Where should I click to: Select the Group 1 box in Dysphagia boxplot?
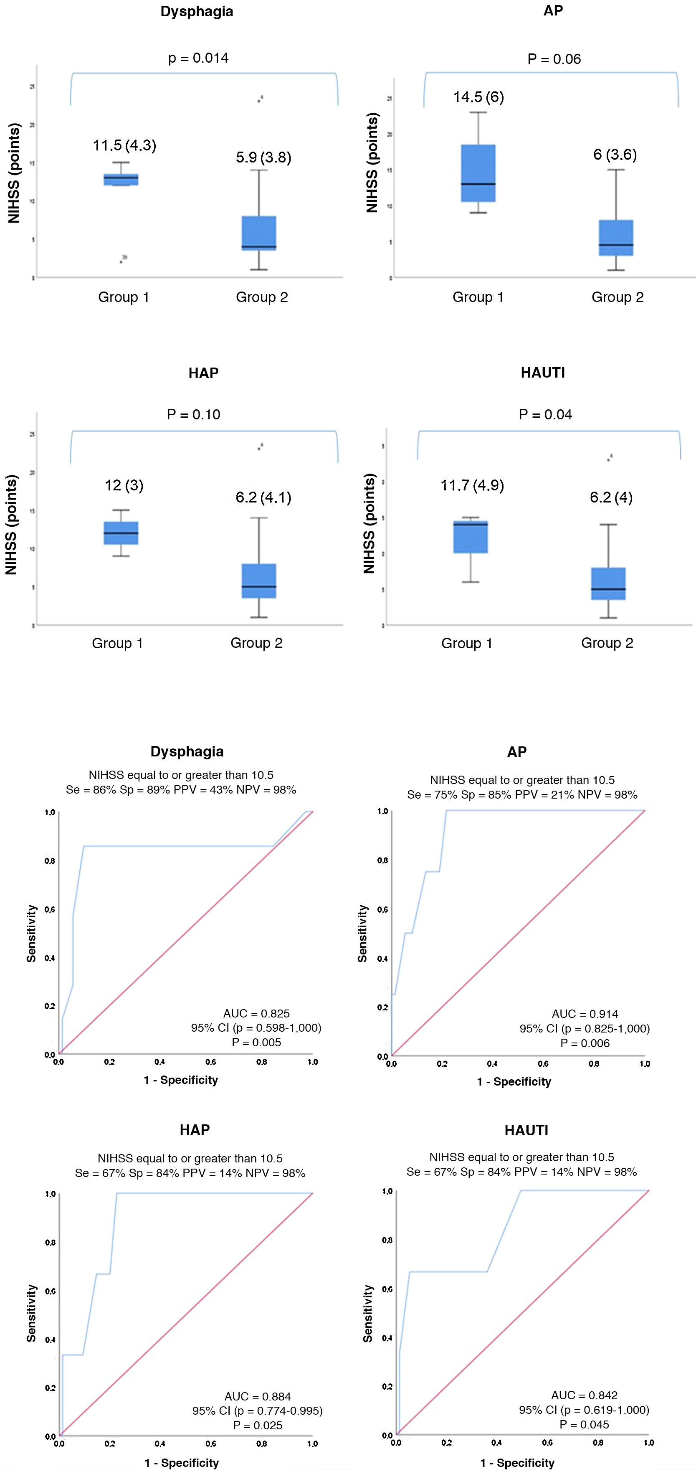(121, 180)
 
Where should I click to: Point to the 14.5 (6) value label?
(478, 97)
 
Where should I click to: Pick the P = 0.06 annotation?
(554, 59)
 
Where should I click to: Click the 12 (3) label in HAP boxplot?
(124, 486)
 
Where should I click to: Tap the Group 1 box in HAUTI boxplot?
(471, 537)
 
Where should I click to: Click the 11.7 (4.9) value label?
(472, 486)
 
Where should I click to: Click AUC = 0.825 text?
(256, 1013)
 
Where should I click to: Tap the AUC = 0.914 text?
(585, 1014)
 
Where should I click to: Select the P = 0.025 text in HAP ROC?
(257, 1426)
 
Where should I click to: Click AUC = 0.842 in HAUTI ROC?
(584, 1395)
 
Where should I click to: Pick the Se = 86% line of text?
(181, 790)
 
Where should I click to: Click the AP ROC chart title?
(516, 752)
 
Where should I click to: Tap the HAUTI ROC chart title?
(526, 1130)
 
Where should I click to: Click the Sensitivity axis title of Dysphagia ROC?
(31, 933)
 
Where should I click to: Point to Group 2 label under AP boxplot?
(617, 297)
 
